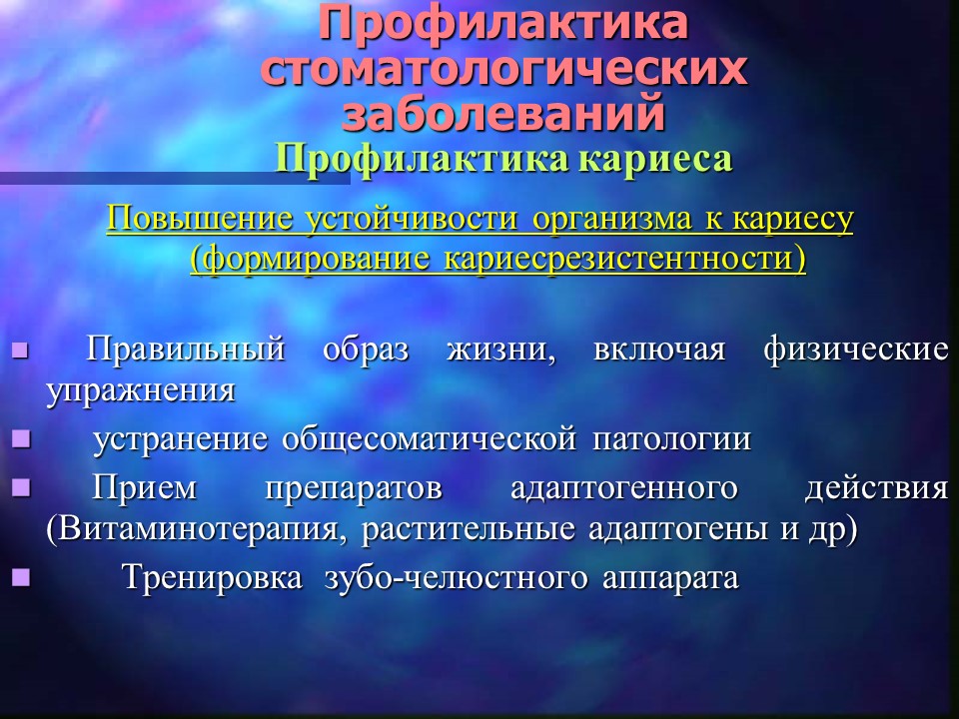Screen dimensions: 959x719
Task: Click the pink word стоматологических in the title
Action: (x=503, y=69)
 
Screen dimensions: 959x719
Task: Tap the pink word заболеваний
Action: (x=503, y=114)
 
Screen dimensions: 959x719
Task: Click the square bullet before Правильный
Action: (x=21, y=351)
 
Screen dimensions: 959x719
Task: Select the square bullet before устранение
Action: (x=21, y=439)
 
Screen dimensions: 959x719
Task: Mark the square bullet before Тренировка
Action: (x=21, y=577)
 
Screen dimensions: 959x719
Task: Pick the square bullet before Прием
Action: (x=21, y=487)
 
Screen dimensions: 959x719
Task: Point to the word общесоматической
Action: (x=429, y=440)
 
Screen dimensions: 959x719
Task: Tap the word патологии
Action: (x=671, y=440)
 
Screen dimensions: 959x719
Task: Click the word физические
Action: (x=856, y=351)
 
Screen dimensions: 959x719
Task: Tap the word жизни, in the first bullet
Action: (x=501, y=351)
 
